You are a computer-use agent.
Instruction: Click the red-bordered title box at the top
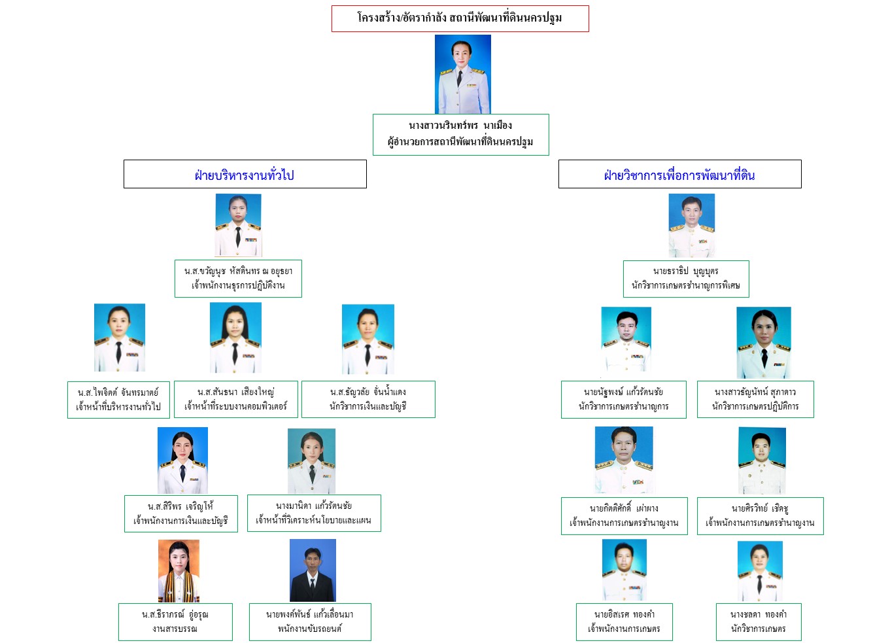coord(460,18)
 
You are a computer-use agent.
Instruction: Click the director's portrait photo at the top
coord(462,75)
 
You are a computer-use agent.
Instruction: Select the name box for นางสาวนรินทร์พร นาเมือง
coord(460,134)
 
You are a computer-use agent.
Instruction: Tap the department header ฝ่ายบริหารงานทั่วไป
coord(245,174)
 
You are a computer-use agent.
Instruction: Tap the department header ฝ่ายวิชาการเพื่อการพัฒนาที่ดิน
coord(679,174)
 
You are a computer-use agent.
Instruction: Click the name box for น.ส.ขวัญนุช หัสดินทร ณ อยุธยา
coord(238,278)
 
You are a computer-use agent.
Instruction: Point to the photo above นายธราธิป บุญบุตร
coord(691,226)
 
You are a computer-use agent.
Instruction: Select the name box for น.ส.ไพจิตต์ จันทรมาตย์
coord(118,400)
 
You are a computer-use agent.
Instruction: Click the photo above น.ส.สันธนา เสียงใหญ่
coord(235,338)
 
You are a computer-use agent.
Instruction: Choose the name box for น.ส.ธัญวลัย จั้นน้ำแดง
coord(368,399)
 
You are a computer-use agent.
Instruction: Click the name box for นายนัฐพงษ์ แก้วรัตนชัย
coord(623,399)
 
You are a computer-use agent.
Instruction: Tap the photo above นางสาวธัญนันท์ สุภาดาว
coord(763,343)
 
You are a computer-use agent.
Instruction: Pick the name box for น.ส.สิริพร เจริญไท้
coord(180,513)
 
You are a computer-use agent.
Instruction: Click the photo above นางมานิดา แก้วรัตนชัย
coord(311,461)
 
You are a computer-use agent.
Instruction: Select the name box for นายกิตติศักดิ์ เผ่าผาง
coord(624,515)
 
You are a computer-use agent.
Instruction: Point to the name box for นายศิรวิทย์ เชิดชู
coord(760,515)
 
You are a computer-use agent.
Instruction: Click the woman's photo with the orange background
coord(179,570)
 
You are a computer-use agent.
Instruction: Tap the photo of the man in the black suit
coord(313,570)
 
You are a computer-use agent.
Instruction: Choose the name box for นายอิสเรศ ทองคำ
coord(624,621)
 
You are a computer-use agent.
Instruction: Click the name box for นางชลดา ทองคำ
coord(759,621)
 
